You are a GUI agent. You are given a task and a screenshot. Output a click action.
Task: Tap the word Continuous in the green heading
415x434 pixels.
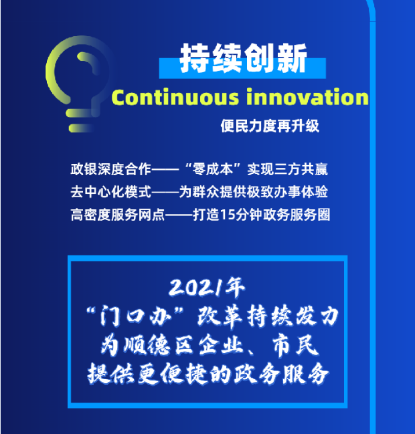point(175,97)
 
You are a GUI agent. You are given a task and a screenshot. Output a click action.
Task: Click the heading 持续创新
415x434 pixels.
point(243,59)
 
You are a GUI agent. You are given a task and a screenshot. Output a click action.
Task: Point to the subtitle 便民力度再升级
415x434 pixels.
point(270,126)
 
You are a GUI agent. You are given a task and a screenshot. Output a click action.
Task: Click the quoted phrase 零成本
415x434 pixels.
point(213,169)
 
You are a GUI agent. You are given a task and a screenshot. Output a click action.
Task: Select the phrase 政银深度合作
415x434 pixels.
point(111,169)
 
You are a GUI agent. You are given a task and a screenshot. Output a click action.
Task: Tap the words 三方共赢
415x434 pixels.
point(301,169)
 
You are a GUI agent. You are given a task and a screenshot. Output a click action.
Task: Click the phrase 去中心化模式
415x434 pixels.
point(111,192)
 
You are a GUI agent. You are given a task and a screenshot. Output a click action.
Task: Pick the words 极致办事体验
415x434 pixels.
point(288,192)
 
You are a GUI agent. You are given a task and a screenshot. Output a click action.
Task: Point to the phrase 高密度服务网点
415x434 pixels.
point(118,215)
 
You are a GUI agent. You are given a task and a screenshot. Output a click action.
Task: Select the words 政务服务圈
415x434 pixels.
point(297,215)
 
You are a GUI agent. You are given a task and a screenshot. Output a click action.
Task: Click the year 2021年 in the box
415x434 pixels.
point(207,288)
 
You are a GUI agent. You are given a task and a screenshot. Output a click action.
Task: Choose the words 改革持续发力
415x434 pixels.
point(268,316)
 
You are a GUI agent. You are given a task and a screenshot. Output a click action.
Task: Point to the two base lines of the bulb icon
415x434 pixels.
point(80,120)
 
